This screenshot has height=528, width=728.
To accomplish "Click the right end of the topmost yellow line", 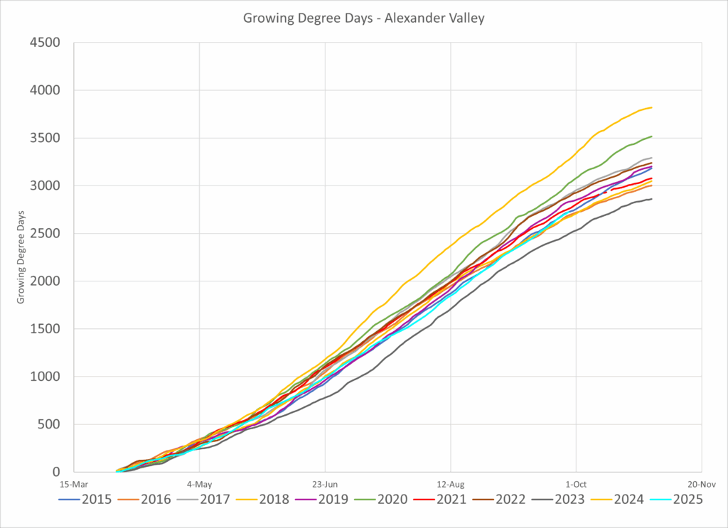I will coord(652,107).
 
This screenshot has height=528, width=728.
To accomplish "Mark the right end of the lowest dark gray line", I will coord(652,199).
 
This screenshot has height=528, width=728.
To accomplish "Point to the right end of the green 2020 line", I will coord(652,136).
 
